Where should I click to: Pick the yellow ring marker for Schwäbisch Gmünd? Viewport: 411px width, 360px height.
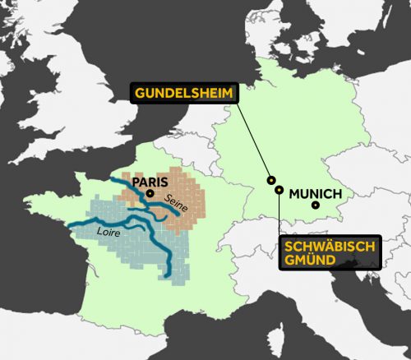[279, 190]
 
